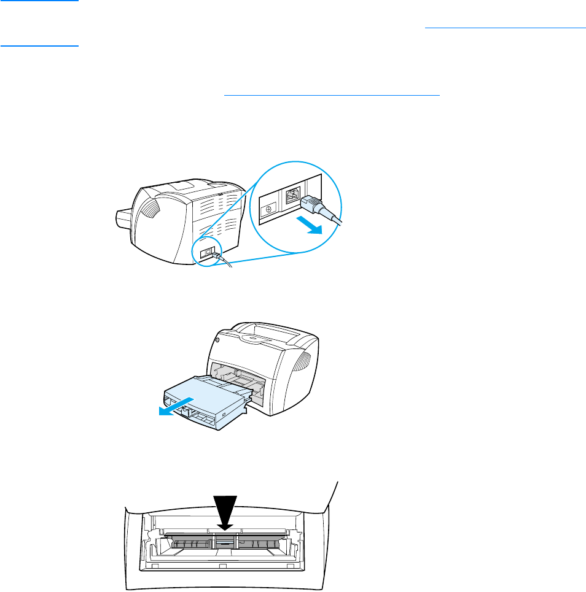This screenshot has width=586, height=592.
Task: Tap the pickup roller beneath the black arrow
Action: (x=225, y=542)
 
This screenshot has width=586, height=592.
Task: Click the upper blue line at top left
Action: (x=40, y=1)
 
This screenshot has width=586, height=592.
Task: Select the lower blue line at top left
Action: (x=40, y=45)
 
